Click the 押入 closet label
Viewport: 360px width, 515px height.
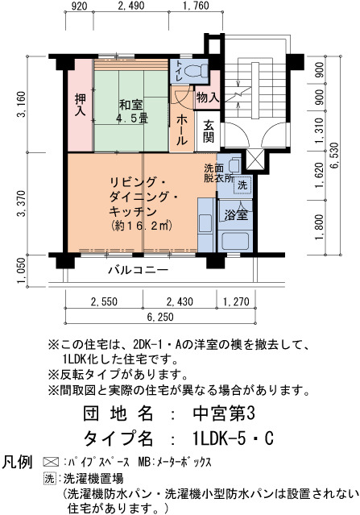click(x=80, y=105)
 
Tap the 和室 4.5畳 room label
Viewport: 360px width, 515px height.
click(x=130, y=111)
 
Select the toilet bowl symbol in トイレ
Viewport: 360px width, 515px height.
click(x=196, y=70)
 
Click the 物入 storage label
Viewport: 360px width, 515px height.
click(x=208, y=98)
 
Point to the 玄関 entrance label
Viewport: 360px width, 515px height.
click(x=209, y=131)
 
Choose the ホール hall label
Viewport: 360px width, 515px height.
click(x=181, y=131)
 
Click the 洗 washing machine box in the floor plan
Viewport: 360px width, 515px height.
click(x=242, y=185)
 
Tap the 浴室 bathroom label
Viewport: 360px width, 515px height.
click(x=236, y=215)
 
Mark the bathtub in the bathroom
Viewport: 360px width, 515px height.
click(x=235, y=242)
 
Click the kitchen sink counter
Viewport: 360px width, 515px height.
click(x=206, y=225)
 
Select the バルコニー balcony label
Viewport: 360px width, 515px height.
click(x=139, y=270)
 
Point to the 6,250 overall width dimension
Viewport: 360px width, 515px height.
click(x=160, y=318)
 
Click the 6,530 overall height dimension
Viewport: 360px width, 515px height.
click(x=335, y=156)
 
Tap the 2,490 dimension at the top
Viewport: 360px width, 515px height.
click(x=130, y=6)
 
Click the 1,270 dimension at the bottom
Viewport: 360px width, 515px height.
click(x=236, y=301)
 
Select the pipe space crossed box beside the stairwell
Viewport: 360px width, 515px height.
click(x=255, y=160)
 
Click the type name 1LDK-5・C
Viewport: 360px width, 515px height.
click(x=233, y=438)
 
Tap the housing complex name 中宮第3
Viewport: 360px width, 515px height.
click(x=223, y=413)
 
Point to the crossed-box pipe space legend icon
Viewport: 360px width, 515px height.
click(x=51, y=462)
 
